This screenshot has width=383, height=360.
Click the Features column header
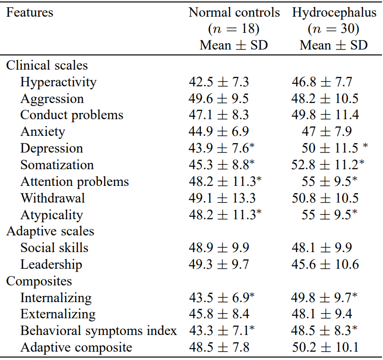click(29, 12)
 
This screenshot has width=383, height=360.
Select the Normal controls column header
click(234, 12)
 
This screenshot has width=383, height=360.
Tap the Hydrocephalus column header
click(334, 13)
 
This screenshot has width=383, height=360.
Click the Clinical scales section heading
click(47, 65)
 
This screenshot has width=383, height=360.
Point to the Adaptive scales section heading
click(50, 231)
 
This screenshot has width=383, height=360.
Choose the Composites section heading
click(39, 281)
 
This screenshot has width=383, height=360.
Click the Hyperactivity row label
click(58, 82)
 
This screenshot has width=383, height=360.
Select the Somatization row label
click(57, 165)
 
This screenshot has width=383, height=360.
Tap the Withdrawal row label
click(53, 198)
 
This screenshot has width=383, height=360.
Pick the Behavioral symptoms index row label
click(98, 331)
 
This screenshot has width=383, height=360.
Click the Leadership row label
click(51, 265)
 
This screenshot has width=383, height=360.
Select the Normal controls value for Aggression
click(219, 99)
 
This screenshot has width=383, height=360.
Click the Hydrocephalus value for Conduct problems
click(325, 115)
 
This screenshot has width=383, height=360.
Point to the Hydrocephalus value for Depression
click(335, 148)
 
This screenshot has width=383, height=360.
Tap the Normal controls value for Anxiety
click(219, 131)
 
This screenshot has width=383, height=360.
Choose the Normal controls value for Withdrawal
click(222, 198)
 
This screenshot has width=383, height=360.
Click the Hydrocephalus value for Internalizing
click(324, 298)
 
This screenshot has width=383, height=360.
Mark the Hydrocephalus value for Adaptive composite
click(326, 347)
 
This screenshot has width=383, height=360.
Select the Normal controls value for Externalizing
click(219, 314)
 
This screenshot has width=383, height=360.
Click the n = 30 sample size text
click(333, 29)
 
